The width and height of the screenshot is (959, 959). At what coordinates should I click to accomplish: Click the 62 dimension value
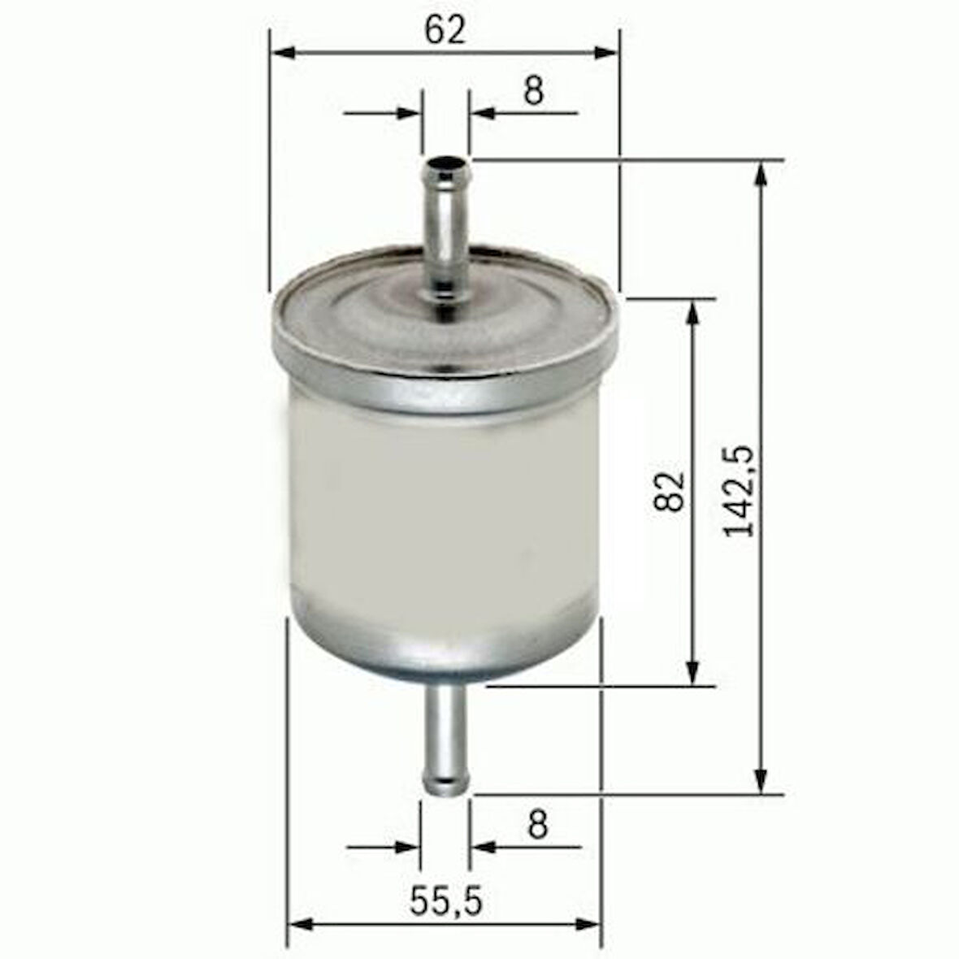tap(445, 30)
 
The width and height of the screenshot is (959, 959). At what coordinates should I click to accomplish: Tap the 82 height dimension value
tap(670, 491)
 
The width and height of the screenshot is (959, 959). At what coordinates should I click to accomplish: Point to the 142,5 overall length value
tap(740, 491)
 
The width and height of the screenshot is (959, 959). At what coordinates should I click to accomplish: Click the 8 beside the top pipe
tap(532, 92)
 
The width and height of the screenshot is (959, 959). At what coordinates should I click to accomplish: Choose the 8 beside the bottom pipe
tap(537, 825)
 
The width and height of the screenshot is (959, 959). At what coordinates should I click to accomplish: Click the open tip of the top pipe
tap(446, 169)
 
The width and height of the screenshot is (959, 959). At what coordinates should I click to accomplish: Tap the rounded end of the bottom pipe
tap(445, 786)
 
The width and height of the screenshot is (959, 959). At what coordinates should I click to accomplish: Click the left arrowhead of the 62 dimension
tap(280, 53)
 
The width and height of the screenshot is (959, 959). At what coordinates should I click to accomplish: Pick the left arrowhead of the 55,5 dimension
tap(301, 925)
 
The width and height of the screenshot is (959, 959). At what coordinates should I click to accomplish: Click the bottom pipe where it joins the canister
tap(445, 691)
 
